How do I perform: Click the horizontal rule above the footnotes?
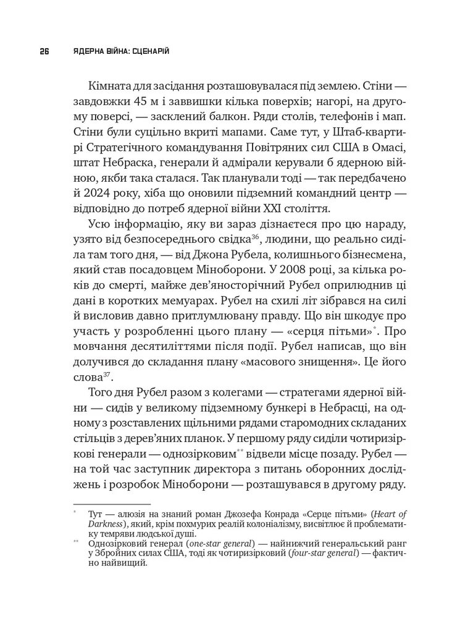112,504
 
